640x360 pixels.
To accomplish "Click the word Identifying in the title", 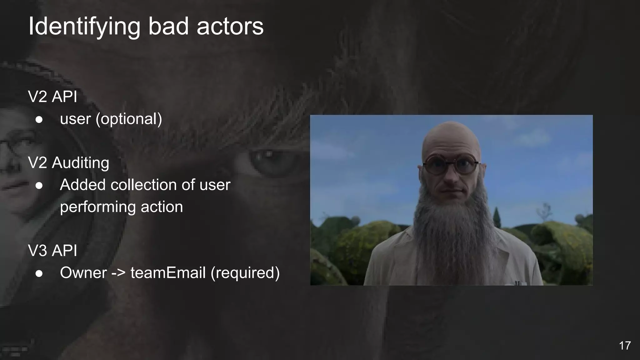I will click(84, 27).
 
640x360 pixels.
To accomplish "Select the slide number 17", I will click(625, 346).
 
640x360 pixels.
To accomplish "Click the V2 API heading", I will click(52, 97).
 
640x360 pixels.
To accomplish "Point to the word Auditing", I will click(81, 163).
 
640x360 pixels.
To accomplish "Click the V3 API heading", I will click(52, 251).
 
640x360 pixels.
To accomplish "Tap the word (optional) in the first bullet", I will click(129, 119).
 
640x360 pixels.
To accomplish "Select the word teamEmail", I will click(168, 272).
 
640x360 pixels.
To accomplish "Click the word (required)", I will click(245, 272).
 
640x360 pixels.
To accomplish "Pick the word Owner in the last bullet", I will click(83, 272).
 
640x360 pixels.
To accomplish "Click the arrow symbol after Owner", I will click(118, 273).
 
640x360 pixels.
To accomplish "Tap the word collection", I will click(144, 185).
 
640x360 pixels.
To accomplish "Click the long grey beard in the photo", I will click(450, 219).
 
